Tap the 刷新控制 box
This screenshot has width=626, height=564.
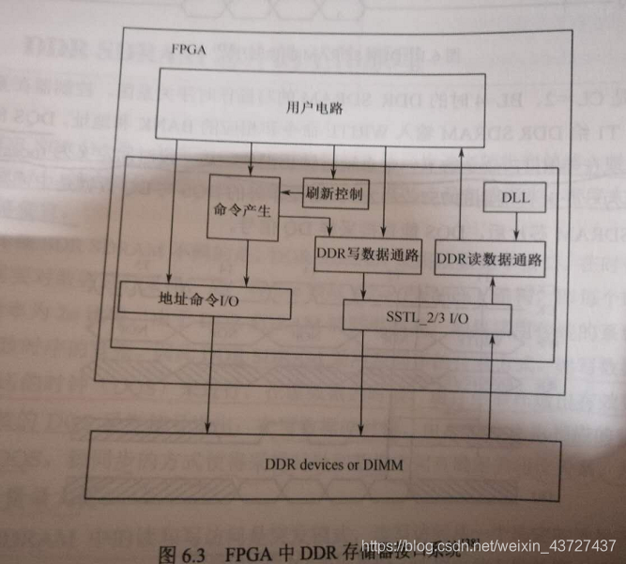click(334, 194)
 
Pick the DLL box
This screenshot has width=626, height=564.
click(514, 198)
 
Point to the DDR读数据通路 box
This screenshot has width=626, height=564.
click(491, 259)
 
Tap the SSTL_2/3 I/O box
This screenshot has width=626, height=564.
click(428, 315)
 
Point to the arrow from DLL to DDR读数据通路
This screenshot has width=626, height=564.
click(515, 227)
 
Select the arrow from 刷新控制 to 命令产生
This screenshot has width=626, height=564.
click(291, 194)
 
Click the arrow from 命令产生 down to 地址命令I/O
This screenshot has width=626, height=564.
click(246, 262)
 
